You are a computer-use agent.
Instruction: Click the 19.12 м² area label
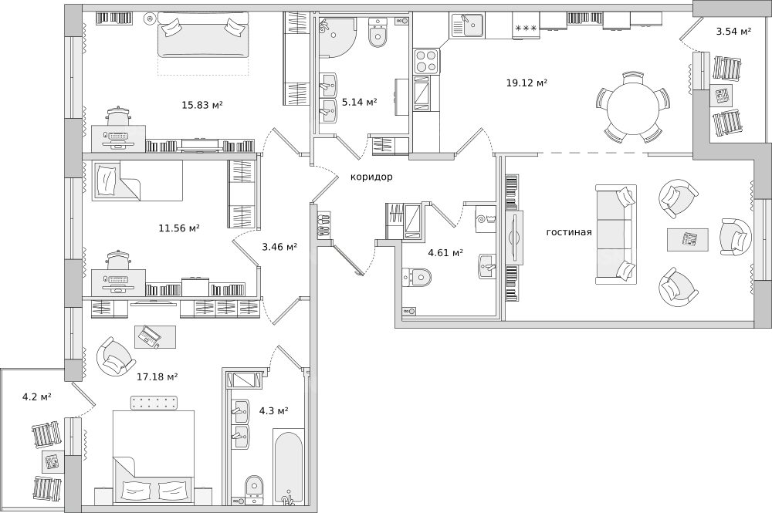(527, 83)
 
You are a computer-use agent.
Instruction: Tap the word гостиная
(569, 232)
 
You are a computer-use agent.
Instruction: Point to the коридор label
(371, 177)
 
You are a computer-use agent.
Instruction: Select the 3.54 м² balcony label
(733, 32)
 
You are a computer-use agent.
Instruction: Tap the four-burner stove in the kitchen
(426, 61)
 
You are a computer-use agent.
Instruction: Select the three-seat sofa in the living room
(615, 235)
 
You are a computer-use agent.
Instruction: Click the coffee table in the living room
(688, 240)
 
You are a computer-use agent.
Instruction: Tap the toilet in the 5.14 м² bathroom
(378, 32)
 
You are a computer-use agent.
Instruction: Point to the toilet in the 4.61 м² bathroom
(416, 277)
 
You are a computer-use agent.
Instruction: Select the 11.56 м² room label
(179, 228)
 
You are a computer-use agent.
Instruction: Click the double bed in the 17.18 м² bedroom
(153, 457)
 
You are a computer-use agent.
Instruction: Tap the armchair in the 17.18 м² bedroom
(116, 356)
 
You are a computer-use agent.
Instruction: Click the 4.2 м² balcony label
(37, 397)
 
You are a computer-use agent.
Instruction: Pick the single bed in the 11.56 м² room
(137, 181)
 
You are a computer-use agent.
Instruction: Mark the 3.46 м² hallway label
(279, 247)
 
